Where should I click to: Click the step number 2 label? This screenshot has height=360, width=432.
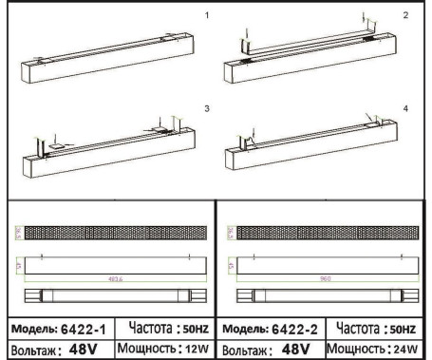coord(406,16)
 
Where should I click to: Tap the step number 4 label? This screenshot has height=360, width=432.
coord(406,110)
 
